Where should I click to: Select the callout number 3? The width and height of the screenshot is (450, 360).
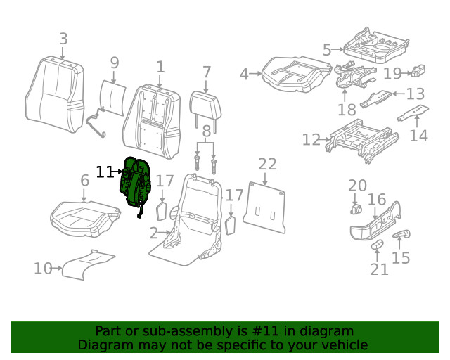point(63,39)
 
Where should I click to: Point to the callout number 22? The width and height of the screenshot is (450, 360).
point(267,165)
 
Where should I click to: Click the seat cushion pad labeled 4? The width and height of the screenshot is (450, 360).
point(296,73)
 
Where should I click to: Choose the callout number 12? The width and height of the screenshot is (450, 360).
point(311,140)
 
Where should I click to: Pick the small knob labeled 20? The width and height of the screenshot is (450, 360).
point(355,209)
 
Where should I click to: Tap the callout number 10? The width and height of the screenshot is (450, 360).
point(43,268)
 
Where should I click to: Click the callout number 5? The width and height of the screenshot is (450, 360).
point(327,50)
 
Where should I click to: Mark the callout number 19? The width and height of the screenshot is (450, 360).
point(392,73)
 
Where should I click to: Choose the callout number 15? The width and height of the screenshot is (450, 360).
point(401,258)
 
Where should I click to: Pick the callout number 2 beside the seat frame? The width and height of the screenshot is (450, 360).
point(153,233)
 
